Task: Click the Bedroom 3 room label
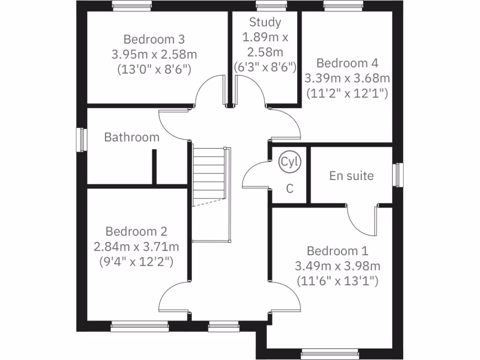pos(154,38)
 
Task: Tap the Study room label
pos(265,22)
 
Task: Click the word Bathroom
pos(132,137)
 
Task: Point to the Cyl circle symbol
pos(290,162)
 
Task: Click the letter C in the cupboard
pos(290,189)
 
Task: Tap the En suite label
pos(352,176)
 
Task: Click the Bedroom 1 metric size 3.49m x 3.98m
pos(337,266)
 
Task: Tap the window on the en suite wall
pos(398,174)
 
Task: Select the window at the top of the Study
pos(271,6)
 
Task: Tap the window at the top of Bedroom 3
pos(132,6)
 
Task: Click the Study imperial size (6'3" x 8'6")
pos(265,67)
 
